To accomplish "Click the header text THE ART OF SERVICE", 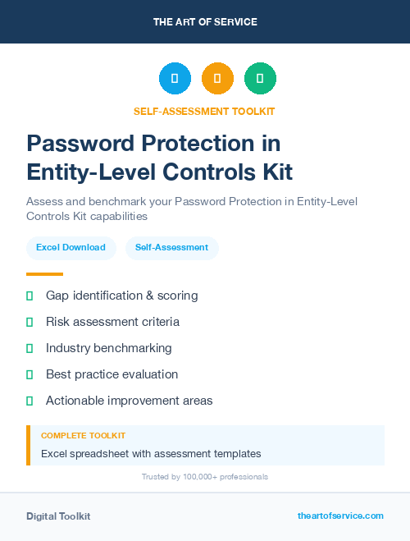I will pyautogui.click(x=205, y=22).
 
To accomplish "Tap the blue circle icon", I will pyautogui.click(x=175, y=79).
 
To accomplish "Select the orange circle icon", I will pyautogui.click(x=217, y=79).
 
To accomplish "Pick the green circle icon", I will pyautogui.click(x=260, y=79).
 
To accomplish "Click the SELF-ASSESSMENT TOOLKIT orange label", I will pyautogui.click(x=205, y=112).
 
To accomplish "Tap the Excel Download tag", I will pyautogui.click(x=71, y=247).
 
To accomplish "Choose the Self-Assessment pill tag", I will pyautogui.click(x=171, y=247).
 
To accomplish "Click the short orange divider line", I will pyautogui.click(x=44, y=274).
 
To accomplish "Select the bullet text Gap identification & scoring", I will pyautogui.click(x=121, y=296).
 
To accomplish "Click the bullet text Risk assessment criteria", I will pyautogui.click(x=112, y=322).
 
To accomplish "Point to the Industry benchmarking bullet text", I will pyautogui.click(x=108, y=348).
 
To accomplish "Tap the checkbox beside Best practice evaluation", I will pyautogui.click(x=30, y=374).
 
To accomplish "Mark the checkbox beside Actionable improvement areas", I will pyautogui.click(x=30, y=401).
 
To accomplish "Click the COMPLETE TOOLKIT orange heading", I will pyautogui.click(x=83, y=436).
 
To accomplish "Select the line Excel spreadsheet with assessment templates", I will pyautogui.click(x=151, y=453).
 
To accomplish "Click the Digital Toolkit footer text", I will pyautogui.click(x=58, y=516).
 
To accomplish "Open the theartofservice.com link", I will pyautogui.click(x=340, y=516).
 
